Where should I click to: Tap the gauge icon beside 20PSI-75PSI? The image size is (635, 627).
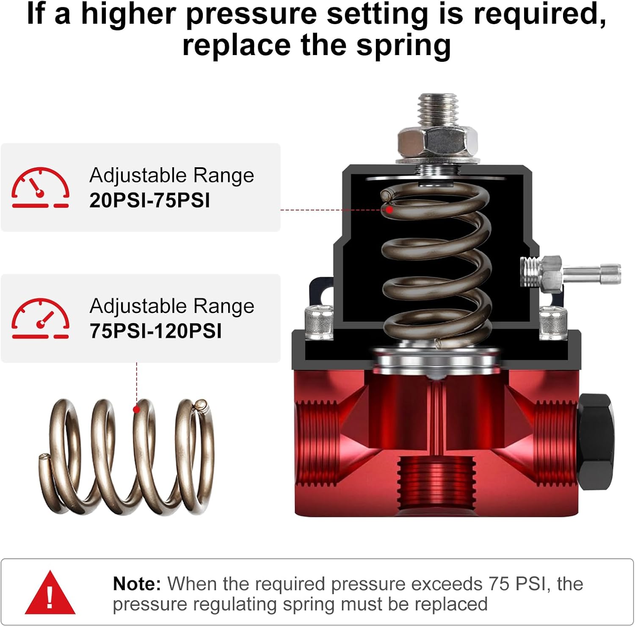coord(40,188)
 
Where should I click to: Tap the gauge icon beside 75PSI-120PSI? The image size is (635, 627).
coord(40,318)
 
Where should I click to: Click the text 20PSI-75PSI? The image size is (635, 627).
coord(149,200)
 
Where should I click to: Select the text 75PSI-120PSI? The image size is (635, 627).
coord(155,331)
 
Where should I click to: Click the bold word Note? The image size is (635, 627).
coord(137,584)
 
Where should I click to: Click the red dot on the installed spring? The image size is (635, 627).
coord(389,210)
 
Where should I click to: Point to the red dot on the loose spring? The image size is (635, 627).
coord(136,409)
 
